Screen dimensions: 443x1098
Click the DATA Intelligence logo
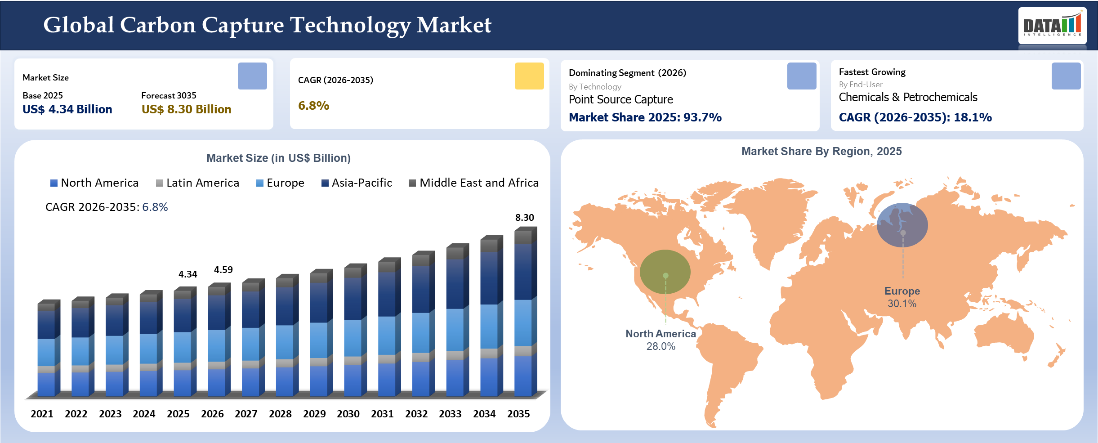click(x=1052, y=26)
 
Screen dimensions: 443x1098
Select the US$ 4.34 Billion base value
click(x=67, y=109)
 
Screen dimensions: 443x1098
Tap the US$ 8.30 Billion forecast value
click(x=186, y=109)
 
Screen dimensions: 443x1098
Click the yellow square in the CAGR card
click(x=529, y=76)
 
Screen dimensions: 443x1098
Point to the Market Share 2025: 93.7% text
click(x=645, y=117)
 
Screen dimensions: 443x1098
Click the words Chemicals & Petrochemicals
click(x=908, y=97)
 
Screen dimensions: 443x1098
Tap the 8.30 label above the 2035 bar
click(x=524, y=218)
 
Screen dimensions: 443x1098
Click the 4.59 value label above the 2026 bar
click(x=223, y=270)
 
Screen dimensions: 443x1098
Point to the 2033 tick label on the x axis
click(x=450, y=414)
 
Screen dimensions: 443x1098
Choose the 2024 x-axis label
click(x=144, y=414)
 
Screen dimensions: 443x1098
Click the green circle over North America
click(x=665, y=271)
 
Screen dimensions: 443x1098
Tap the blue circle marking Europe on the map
click(x=902, y=225)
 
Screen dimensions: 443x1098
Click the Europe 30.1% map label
click(x=902, y=297)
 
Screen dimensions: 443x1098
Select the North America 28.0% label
click(x=661, y=340)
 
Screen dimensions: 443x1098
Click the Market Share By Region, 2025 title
click(x=821, y=152)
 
